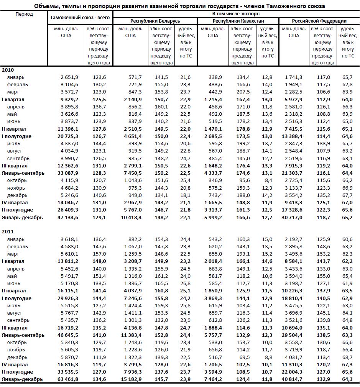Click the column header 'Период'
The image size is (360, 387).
pyautogui.click(x=25, y=14)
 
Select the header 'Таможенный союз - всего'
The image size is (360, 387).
pyautogui.click(x=80, y=18)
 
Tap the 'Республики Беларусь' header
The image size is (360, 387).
pyautogui.click(x=155, y=21)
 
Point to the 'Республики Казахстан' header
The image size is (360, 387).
pyautogui.click(x=238, y=21)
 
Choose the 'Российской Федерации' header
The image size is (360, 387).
pyautogui.click(x=319, y=21)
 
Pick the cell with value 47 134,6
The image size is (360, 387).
pyautogui.click(x=67, y=217)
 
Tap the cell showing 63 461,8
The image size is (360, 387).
pyautogui.click(x=67, y=379)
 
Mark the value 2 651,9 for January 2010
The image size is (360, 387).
pyautogui.click(x=69, y=77)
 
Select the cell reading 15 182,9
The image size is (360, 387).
pyautogui.click(x=130, y=379)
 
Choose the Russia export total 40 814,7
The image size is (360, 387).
pyautogui.click(x=292, y=379)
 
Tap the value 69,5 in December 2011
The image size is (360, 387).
pyautogui.click(x=244, y=357)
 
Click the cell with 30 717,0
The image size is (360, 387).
pyautogui.click(x=292, y=217)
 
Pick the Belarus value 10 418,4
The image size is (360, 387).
pyautogui.click(x=130, y=217)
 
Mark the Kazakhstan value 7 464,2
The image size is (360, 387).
pyautogui.click(x=212, y=379)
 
